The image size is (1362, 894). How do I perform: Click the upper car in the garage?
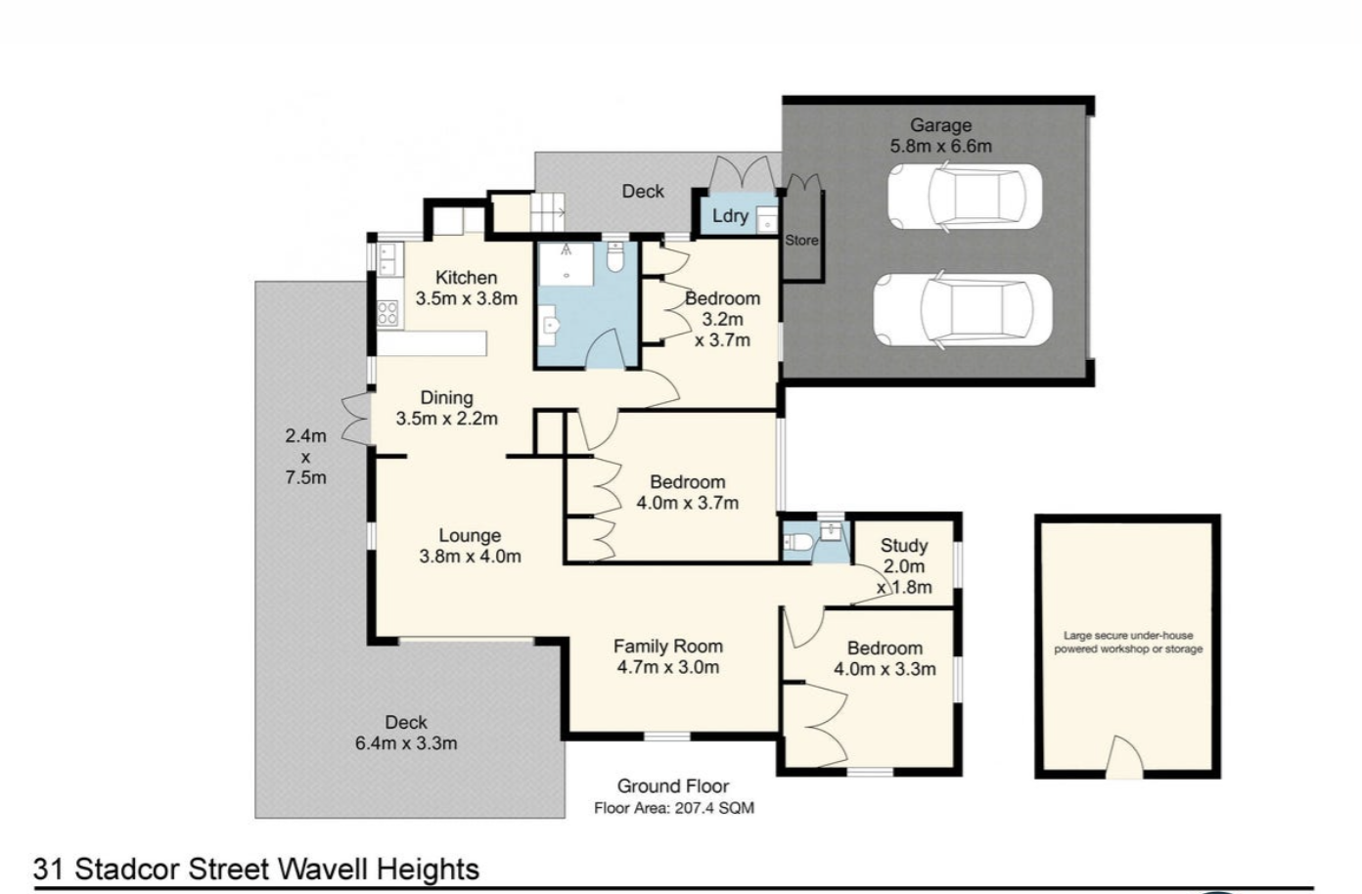[965, 197]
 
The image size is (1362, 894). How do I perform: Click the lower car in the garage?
[963, 310]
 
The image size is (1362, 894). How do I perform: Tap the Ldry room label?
[730, 216]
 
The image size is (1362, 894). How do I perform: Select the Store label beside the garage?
[801, 240]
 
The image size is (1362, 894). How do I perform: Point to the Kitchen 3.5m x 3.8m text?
[467, 289]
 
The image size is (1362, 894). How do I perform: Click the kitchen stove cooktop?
[387, 313]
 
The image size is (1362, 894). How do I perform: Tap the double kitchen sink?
[389, 259]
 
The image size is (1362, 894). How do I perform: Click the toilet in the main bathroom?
[615, 257]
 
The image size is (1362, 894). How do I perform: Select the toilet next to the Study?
[797, 542]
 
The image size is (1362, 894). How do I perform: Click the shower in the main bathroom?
[566, 264]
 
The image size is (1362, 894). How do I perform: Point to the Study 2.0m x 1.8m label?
[904, 566]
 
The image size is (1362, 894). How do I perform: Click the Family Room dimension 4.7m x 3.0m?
[668, 667]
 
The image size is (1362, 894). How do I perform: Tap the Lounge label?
[470, 535]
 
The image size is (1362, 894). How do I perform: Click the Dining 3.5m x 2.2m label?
[447, 408]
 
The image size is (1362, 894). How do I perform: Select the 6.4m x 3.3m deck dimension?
[406, 743]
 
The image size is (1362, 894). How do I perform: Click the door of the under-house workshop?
[1123, 757]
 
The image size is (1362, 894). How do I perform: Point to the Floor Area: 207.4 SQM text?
[674, 808]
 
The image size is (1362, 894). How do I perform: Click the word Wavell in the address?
[324, 870]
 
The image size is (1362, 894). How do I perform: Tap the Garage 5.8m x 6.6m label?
[940, 136]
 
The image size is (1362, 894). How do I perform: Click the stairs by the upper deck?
[547, 212]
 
